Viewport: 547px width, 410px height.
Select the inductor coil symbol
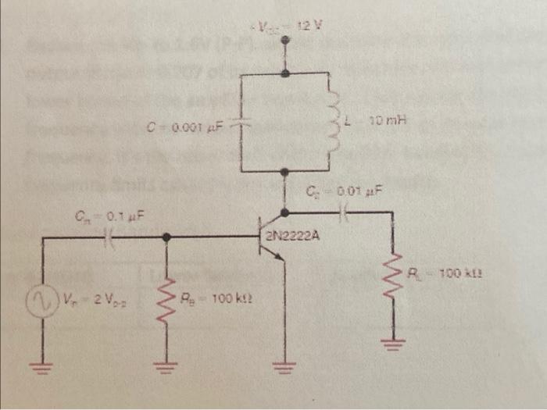coord(333,123)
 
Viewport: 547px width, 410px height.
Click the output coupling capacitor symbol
coord(345,212)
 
